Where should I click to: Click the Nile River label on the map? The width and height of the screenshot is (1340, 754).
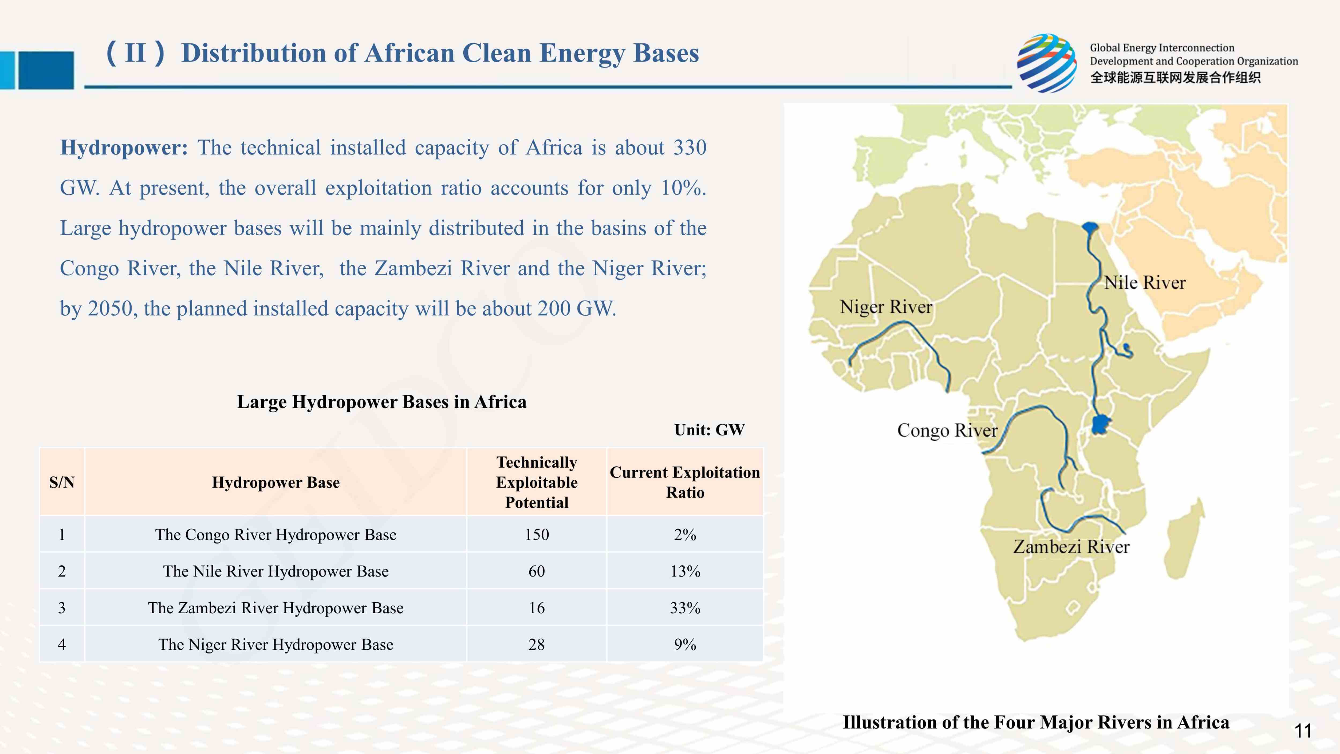click(1144, 283)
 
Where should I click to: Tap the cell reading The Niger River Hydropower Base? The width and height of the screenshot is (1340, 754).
click(276, 644)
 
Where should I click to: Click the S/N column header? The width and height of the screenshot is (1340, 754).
click(62, 482)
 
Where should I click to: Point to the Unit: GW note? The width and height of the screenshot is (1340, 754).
click(709, 430)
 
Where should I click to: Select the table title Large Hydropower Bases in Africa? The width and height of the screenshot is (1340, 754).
click(381, 402)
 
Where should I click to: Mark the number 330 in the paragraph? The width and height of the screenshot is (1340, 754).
click(690, 148)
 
